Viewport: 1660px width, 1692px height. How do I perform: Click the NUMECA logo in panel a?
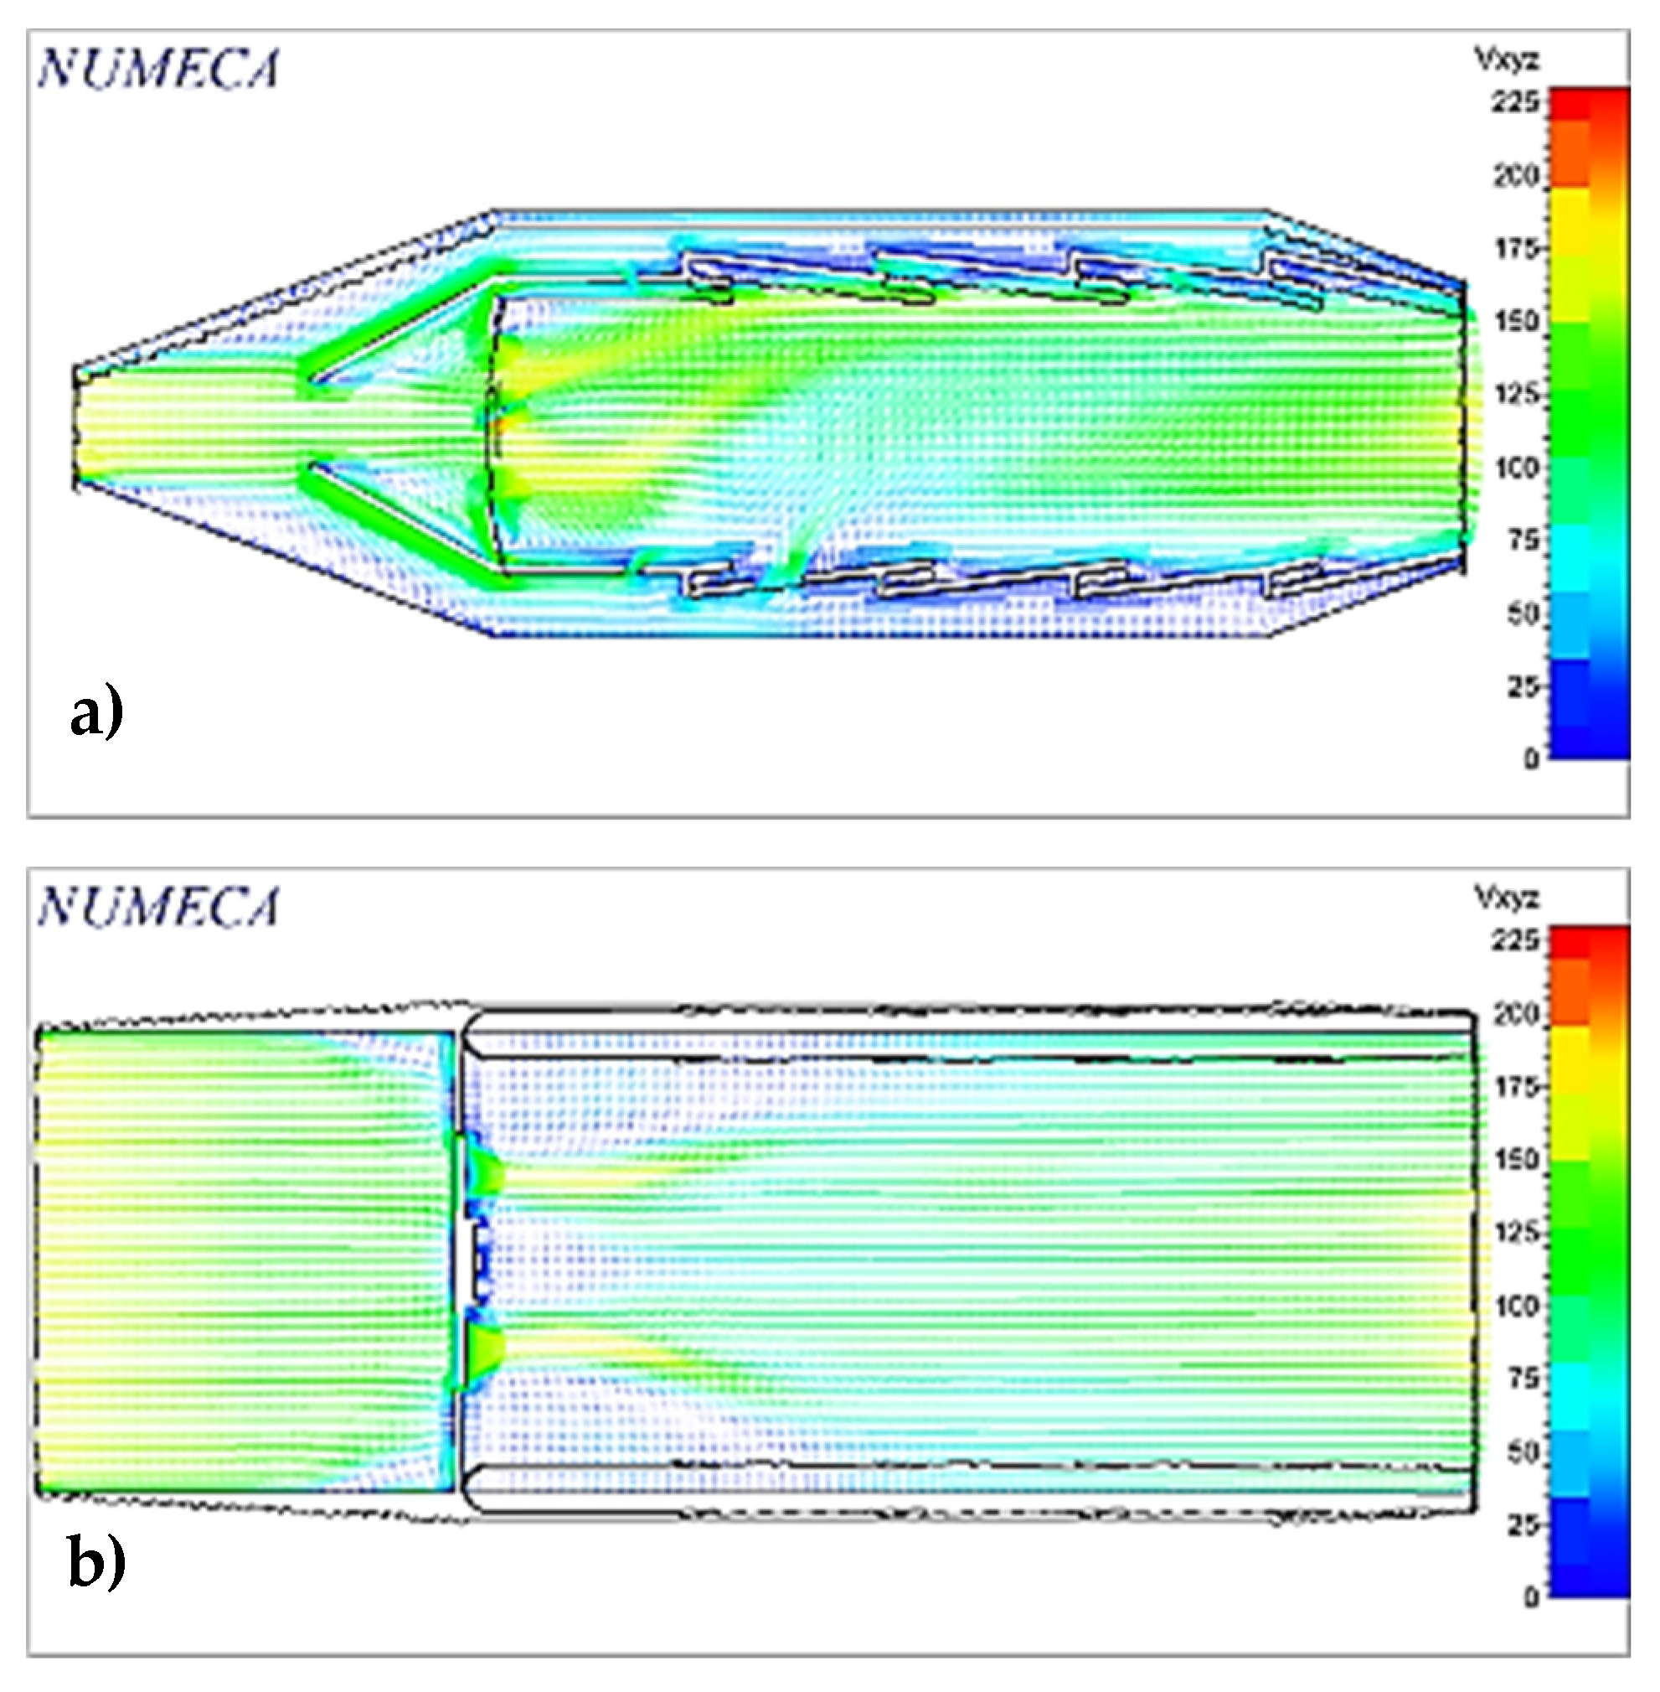tap(158, 70)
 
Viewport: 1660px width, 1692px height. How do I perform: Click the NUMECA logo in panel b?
tap(158, 907)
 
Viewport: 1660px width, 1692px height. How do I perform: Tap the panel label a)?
tap(96, 713)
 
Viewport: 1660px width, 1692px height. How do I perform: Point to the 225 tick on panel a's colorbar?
tap(1515, 102)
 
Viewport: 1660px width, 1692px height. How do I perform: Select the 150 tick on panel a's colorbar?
tap(1515, 321)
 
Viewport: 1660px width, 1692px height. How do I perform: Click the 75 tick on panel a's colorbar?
tap(1521, 540)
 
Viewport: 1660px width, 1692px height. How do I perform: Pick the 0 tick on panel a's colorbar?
tap(1531, 758)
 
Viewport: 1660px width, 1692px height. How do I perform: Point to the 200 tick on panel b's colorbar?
tap(1515, 1014)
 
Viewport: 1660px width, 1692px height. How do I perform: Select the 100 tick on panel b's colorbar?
tap(1515, 1306)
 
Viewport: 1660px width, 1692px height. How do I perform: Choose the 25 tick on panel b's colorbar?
tap(1521, 1524)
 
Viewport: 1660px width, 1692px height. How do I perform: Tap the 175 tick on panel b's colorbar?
tap(1515, 1087)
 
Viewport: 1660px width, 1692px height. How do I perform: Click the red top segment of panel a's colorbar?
tap(1589, 103)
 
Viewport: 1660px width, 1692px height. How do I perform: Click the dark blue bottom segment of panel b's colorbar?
tap(1589, 1579)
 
